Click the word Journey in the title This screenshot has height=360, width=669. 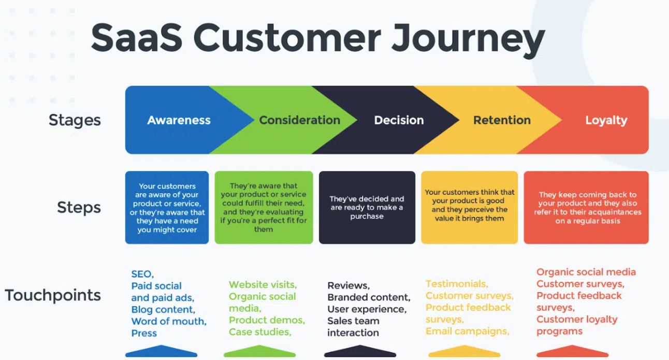pyautogui.click(x=468, y=40)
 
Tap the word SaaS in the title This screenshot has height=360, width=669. pyautogui.click(x=137, y=38)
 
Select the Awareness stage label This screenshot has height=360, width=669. pyautogui.click(x=179, y=120)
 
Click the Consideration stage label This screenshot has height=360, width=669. pyautogui.click(x=300, y=120)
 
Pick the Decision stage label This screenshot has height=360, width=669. pyautogui.click(x=399, y=120)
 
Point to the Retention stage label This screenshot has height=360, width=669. pyautogui.click(x=502, y=120)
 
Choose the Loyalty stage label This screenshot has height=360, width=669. pyautogui.click(x=606, y=121)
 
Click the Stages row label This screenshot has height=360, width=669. pyautogui.click(x=75, y=121)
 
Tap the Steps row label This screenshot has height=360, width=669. pyautogui.click(x=79, y=208)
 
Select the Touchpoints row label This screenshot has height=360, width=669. pyautogui.click(x=53, y=295)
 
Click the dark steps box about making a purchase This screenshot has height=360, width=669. pyautogui.click(x=367, y=207)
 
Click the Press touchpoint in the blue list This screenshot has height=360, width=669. pyautogui.click(x=144, y=333)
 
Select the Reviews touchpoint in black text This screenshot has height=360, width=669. pyautogui.click(x=348, y=285)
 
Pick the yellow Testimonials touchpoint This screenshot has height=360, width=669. pyautogui.click(x=457, y=284)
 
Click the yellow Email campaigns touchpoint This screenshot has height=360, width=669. pyautogui.click(x=468, y=332)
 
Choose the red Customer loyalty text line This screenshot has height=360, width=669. pyautogui.click(x=577, y=320)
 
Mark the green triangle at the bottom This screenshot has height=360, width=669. pyautogui.click(x=259, y=351)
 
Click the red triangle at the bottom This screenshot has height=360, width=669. pyautogui.click(x=573, y=351)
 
